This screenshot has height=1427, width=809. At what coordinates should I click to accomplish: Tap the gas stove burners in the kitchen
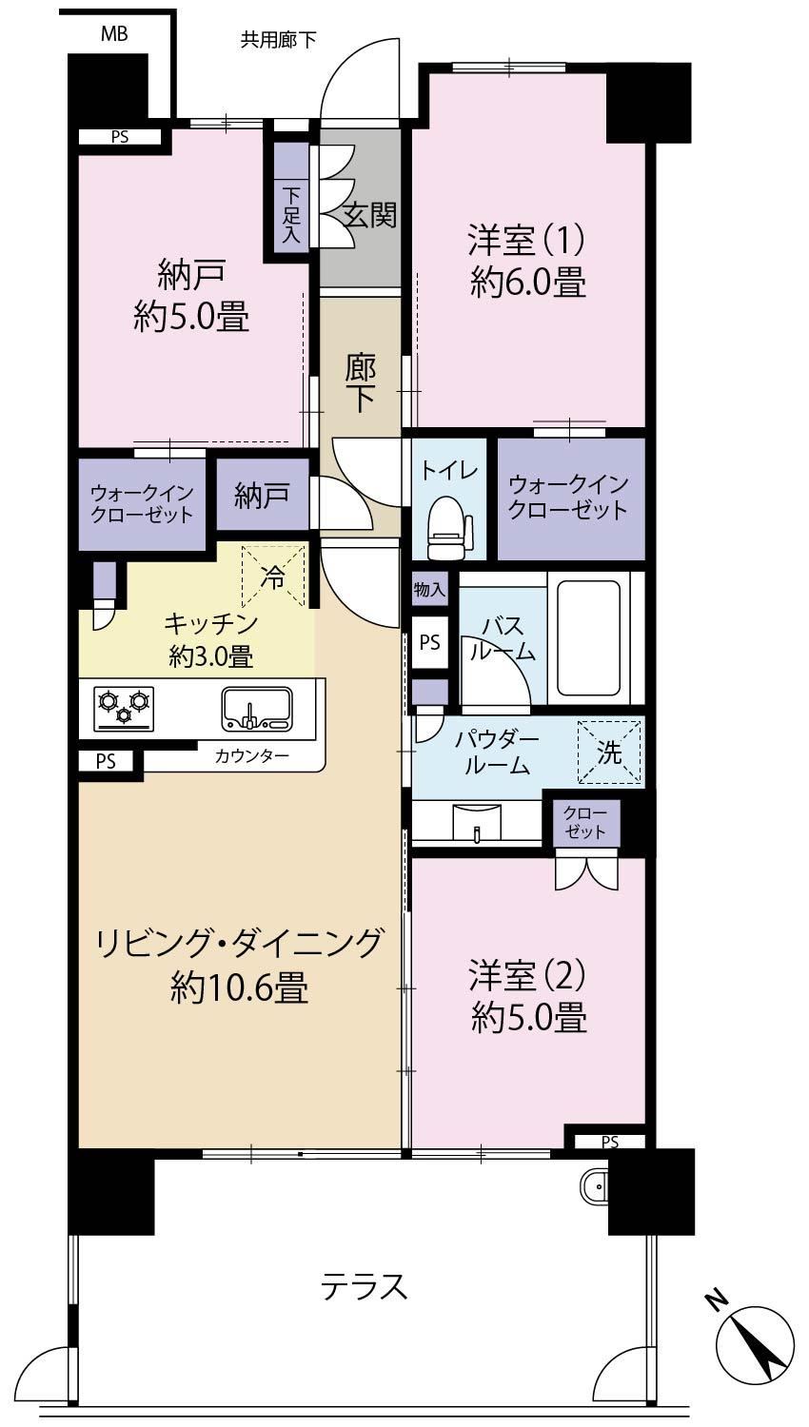coord(125,708)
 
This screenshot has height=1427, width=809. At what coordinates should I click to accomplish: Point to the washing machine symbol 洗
coord(609,752)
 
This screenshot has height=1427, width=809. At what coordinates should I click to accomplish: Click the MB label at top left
coord(114,33)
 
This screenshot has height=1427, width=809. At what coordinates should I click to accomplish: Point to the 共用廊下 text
coord(278,40)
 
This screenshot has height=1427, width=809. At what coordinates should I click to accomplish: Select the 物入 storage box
coord(429,589)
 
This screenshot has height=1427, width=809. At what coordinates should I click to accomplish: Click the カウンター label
coord(252,756)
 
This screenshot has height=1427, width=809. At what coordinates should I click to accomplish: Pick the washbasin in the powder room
coord(476,822)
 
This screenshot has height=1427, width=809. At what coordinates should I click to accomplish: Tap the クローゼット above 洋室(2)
coord(584,823)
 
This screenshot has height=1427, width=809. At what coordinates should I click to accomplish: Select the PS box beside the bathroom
coord(429,642)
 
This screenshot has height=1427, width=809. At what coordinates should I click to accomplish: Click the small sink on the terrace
coord(593,1185)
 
